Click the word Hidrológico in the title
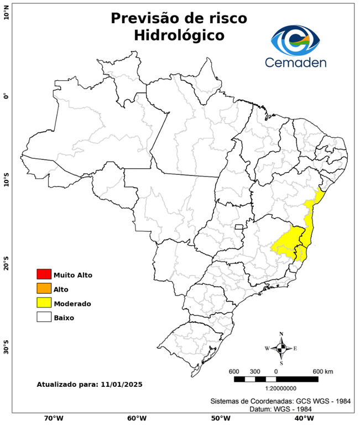(179, 35)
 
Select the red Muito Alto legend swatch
(44, 274)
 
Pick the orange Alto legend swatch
(44, 289)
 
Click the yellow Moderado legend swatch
(44, 303)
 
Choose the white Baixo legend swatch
(44, 318)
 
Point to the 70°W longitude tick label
(53, 418)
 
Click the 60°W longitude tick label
(137, 418)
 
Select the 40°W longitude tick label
(302, 418)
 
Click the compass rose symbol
(281, 348)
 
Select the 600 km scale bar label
(323, 371)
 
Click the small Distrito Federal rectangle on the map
(239, 227)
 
